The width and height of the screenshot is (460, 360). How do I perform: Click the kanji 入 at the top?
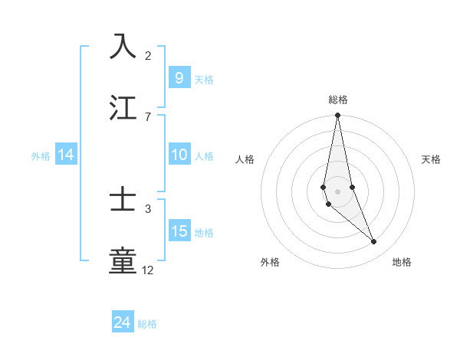(x=123, y=46)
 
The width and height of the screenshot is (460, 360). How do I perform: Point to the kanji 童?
(x=123, y=260)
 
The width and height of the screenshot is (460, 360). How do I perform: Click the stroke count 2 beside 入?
(x=148, y=55)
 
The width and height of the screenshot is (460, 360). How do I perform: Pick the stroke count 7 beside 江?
(x=148, y=116)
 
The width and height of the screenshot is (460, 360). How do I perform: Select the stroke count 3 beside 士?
(x=148, y=208)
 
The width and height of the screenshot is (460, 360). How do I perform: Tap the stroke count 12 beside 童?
(x=148, y=270)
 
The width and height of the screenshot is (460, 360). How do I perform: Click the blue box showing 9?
(x=179, y=78)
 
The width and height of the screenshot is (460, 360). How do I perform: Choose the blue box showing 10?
(x=179, y=155)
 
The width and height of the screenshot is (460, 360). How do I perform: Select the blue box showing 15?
(x=179, y=231)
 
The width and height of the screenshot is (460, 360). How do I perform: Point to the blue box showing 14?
(x=66, y=155)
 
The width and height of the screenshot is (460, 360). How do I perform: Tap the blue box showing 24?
(x=123, y=322)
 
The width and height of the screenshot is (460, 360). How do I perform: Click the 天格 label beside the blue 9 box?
(x=204, y=80)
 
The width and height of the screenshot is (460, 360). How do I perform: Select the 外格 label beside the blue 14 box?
(x=41, y=156)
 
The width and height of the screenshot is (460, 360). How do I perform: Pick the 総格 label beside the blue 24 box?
(x=147, y=324)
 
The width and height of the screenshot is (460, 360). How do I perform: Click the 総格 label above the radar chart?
(x=338, y=100)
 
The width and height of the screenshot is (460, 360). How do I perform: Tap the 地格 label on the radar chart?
(x=402, y=263)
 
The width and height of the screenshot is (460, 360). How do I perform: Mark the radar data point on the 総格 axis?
(x=337, y=116)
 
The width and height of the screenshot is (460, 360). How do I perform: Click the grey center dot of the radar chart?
(x=337, y=191)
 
